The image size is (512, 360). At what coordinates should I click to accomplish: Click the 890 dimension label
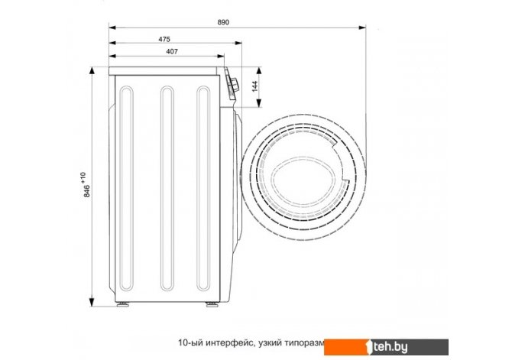223,22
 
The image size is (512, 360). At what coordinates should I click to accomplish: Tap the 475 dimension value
164,39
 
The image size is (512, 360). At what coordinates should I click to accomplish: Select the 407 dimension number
172,51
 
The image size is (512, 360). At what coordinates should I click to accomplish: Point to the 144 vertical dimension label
255,86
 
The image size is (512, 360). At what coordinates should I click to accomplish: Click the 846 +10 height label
86,184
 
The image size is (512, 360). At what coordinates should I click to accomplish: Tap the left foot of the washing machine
123,305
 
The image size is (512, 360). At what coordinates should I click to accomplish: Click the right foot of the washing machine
212,305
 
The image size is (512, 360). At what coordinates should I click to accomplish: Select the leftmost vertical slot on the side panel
126,189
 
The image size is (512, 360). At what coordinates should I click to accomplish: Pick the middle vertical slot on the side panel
167,189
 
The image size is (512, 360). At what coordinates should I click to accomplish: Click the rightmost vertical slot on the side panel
203,189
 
